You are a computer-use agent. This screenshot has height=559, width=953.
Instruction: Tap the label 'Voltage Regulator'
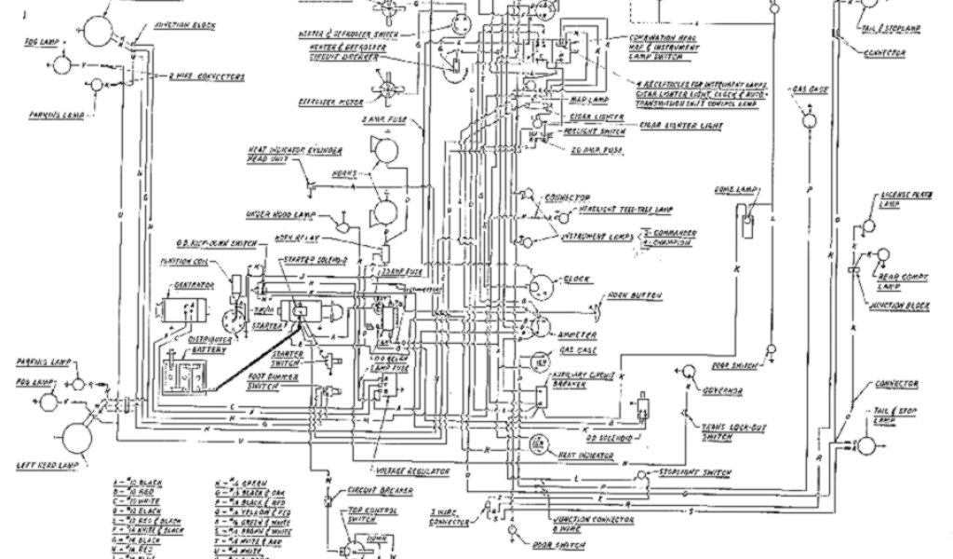click(x=411, y=470)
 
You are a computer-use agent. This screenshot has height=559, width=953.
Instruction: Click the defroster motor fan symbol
click(x=385, y=90)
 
